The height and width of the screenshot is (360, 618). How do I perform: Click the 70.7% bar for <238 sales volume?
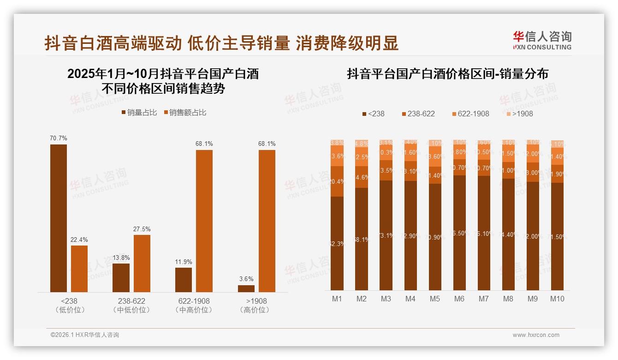(59, 218)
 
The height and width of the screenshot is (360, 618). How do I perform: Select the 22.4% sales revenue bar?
(79, 269)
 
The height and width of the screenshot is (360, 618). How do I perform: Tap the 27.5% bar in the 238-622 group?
(142, 263)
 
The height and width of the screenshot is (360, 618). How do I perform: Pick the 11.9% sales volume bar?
(184, 280)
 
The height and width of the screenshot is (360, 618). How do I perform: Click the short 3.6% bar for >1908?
(246, 288)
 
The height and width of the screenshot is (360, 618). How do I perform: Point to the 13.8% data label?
(121, 258)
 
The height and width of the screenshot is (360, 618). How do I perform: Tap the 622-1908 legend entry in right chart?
(470, 114)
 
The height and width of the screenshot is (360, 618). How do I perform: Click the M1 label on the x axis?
(337, 299)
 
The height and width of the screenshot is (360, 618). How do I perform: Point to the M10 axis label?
(557, 299)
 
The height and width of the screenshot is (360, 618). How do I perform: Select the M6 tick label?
(459, 299)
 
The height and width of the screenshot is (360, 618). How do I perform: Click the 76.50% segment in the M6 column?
(459, 233)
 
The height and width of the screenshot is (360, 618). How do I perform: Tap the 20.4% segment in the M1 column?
(337, 181)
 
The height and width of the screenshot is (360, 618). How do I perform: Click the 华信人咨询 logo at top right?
(542, 41)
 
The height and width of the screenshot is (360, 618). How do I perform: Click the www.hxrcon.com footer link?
(536, 335)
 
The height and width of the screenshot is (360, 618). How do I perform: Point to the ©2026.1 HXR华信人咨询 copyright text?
(85, 335)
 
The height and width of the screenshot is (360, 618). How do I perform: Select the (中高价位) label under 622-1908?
(194, 310)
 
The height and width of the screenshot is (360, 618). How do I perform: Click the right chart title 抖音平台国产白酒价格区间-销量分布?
(447, 74)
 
